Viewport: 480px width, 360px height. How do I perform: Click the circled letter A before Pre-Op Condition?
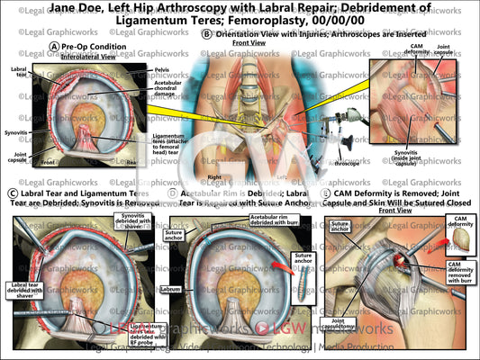[56, 46]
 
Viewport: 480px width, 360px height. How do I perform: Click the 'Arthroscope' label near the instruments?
[347, 164]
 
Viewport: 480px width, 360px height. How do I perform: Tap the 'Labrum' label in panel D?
[171, 290]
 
